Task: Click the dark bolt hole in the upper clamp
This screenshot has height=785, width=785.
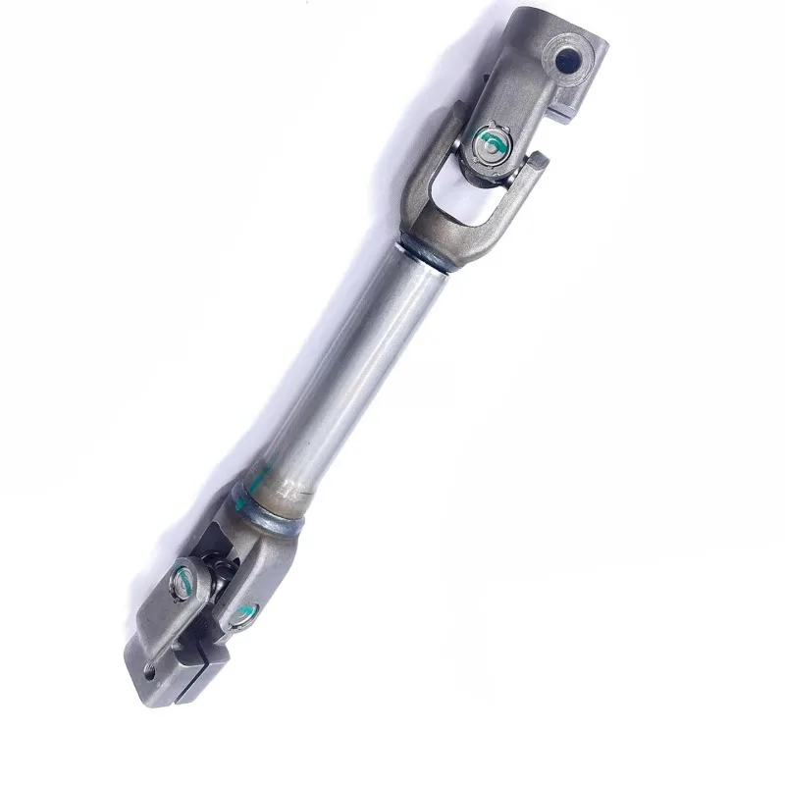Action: [x=566, y=61]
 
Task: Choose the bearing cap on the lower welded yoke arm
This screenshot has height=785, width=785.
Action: [x=241, y=615]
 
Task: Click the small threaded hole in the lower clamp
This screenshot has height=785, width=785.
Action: [x=149, y=671]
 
